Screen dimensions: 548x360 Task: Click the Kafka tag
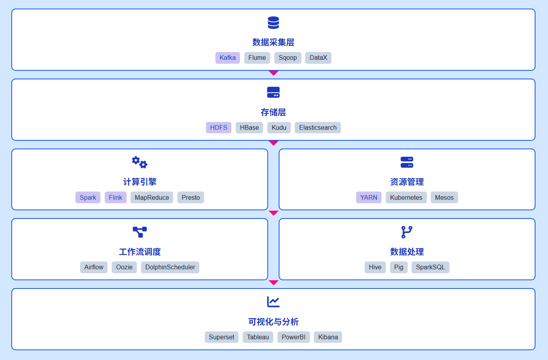(227, 58)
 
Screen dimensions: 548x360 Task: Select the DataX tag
(318, 58)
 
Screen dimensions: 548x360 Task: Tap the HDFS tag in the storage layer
(218, 127)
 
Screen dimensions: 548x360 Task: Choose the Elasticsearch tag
(317, 127)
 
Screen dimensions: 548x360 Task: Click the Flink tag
(115, 197)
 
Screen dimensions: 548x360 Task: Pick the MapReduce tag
(152, 197)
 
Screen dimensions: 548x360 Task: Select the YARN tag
(369, 197)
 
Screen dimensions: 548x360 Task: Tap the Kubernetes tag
(406, 197)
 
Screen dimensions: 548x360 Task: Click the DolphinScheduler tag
(170, 267)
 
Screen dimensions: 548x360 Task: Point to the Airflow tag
(94, 267)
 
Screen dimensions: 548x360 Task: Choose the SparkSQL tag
(430, 267)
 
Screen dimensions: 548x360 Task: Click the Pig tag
(399, 267)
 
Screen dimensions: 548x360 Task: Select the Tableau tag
(258, 337)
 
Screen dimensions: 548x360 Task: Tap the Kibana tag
(328, 337)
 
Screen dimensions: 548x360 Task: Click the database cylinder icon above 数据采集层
(273, 23)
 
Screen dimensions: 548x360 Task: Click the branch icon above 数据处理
(407, 232)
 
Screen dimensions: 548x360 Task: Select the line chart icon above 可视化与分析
(273, 302)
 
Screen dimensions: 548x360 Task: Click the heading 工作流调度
(140, 252)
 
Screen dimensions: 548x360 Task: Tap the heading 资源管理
(407, 182)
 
